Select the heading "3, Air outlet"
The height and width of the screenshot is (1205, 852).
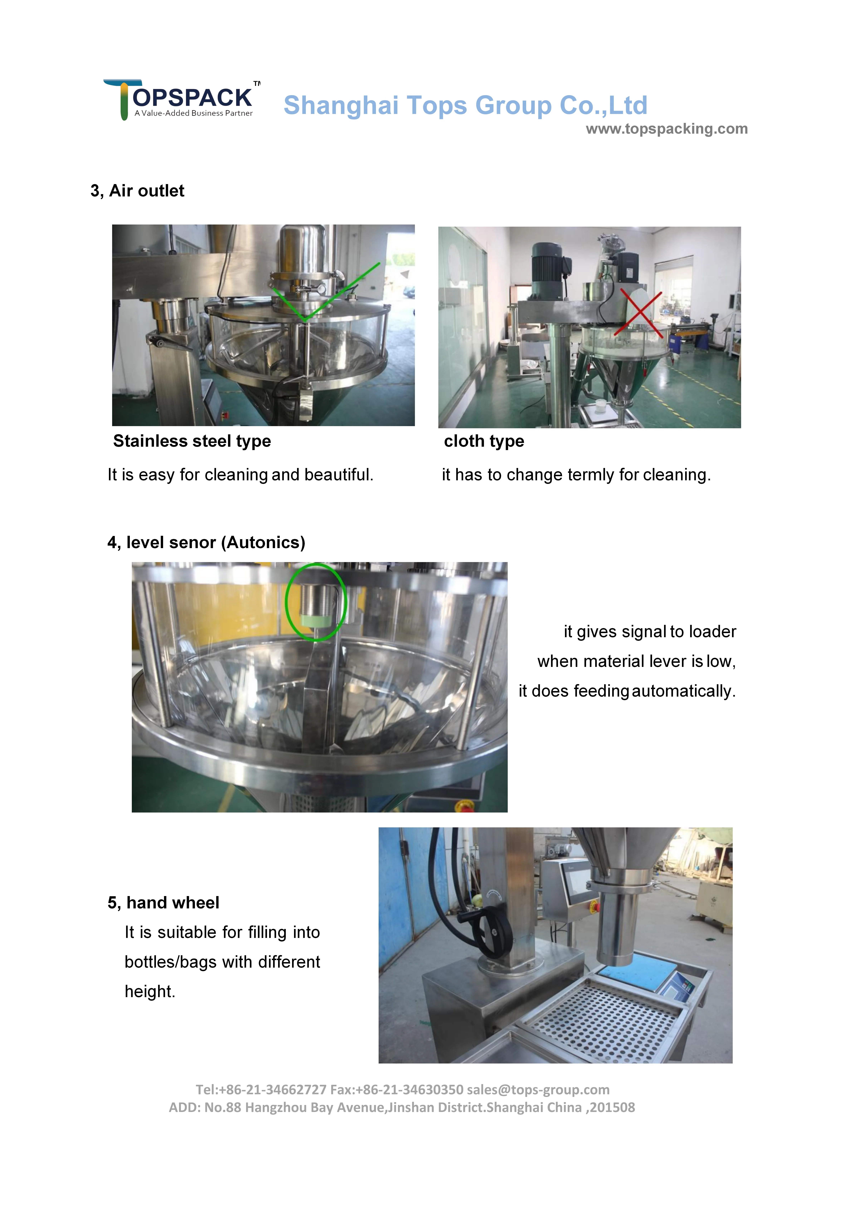point(138,191)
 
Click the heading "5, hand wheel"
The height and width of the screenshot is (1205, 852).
point(163,903)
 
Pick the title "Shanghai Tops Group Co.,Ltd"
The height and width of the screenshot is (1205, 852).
point(465,106)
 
